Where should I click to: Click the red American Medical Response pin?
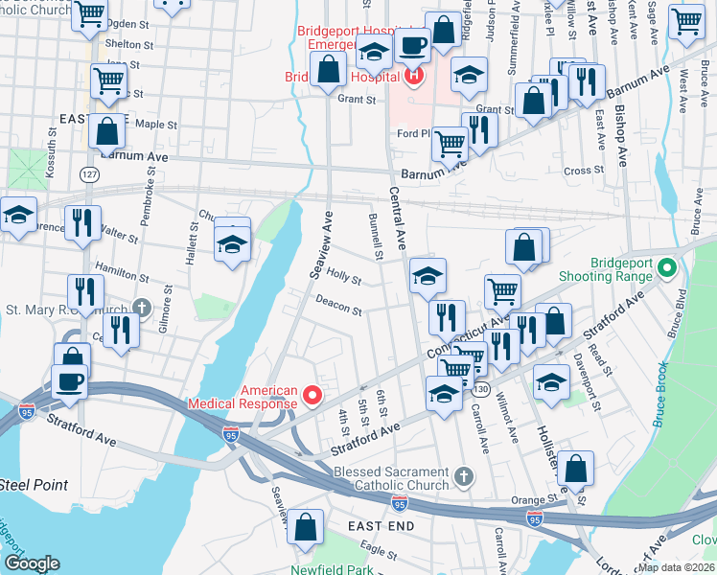pyautogui.click(x=312, y=394)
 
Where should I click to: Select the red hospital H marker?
pyautogui.click(x=414, y=76)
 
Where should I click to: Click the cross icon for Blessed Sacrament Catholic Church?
pyautogui.click(x=463, y=476)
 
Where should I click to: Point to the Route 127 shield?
pyautogui.click(x=89, y=174)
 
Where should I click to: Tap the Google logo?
pyautogui.click(x=32, y=563)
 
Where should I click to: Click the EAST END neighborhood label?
pyautogui.click(x=381, y=526)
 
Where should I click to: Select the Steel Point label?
pyautogui.click(x=35, y=485)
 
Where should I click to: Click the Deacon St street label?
pyautogui.click(x=339, y=306)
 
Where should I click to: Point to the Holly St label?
pyautogui.click(x=342, y=278)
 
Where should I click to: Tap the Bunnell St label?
pyautogui.click(x=376, y=237)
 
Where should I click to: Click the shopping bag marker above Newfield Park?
pyautogui.click(x=305, y=526)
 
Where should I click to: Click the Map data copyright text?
pyautogui.click(x=676, y=567)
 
